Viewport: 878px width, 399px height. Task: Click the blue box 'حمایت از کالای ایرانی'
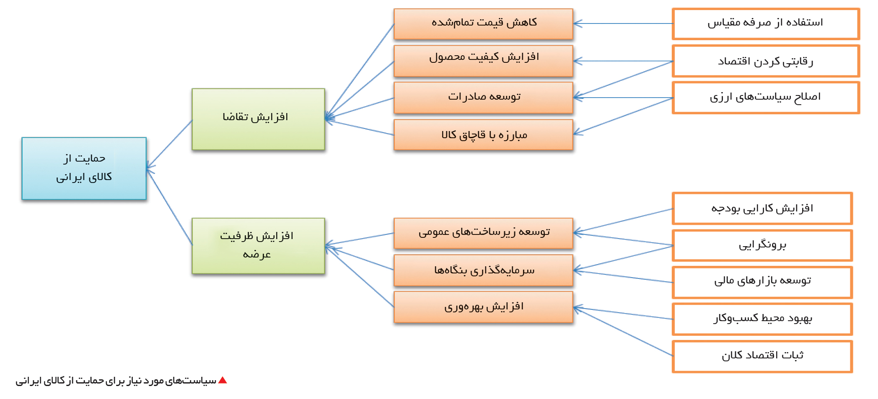point(84,168)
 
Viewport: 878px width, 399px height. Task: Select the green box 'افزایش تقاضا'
point(258,119)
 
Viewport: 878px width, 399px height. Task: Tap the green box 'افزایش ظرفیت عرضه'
point(258,246)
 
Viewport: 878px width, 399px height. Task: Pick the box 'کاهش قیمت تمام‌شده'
point(483,24)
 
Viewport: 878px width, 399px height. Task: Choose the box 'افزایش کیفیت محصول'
point(483,61)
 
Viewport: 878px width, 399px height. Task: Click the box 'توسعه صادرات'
point(483,98)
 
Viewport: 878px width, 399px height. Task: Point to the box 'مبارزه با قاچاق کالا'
point(483,134)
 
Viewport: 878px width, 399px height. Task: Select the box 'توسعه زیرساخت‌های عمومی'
point(483,233)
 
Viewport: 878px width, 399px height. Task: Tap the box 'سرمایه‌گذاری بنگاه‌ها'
point(483,270)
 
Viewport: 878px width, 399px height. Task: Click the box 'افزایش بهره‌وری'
point(483,307)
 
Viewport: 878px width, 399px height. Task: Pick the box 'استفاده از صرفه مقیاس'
point(766,24)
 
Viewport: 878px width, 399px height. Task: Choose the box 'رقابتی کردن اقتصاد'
point(766,61)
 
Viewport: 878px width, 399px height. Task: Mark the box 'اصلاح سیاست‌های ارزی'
point(766,98)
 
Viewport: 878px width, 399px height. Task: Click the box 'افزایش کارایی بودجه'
point(762,208)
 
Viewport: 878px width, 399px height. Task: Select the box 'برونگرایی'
point(762,245)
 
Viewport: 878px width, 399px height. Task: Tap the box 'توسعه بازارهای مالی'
point(762,282)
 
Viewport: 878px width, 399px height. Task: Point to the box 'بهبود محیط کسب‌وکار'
point(762,319)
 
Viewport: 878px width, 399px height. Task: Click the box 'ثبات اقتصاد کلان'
point(762,356)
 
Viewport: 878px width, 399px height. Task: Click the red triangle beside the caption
point(223,380)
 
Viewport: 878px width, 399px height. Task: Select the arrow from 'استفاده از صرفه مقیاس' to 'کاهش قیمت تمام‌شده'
point(623,24)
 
